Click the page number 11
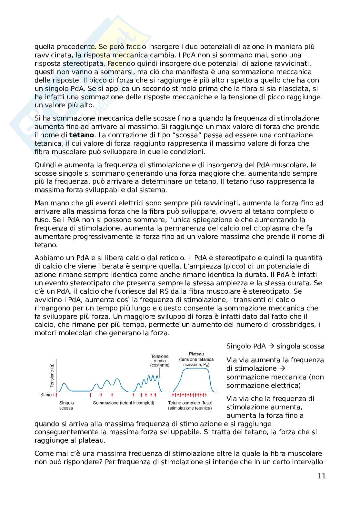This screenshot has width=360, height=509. coord(321,476)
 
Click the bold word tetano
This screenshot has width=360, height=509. coord(82,135)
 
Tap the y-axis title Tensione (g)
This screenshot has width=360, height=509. coord(52,375)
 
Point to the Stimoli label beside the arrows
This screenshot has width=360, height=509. coord(47,394)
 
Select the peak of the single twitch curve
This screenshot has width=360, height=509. coord(65,384)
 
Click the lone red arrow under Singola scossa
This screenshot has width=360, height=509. coord(57,394)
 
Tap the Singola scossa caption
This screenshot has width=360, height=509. coord(66,405)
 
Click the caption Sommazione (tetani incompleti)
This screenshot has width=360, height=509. coord(124,403)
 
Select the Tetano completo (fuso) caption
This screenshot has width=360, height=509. coord(190,403)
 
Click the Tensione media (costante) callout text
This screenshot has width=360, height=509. coord(160,361)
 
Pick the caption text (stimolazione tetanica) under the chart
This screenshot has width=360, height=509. coord(190,408)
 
